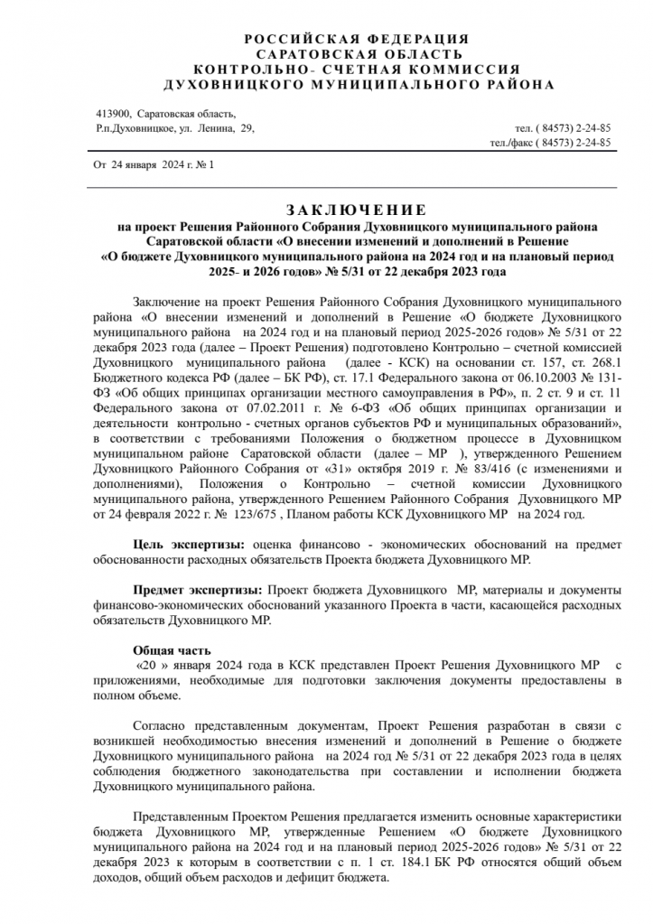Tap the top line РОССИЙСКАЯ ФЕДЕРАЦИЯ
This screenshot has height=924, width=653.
click(357, 39)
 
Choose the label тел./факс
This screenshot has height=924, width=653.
click(512, 143)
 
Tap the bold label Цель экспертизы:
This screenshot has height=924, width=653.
click(189, 546)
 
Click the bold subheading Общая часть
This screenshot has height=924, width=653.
click(172, 649)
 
